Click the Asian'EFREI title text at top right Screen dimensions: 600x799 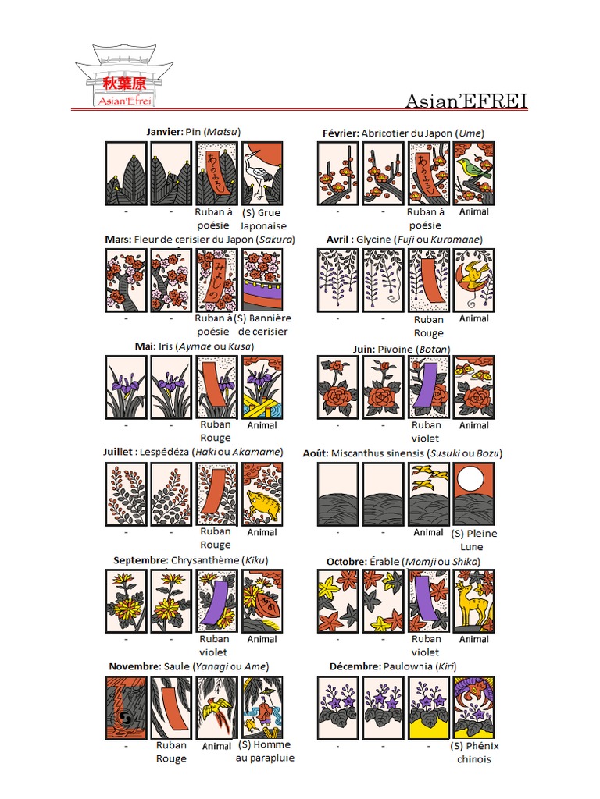pos(466,101)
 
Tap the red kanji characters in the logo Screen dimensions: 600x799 pos(124,83)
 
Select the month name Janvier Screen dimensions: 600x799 pos(164,131)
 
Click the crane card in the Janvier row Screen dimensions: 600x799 pos(262,174)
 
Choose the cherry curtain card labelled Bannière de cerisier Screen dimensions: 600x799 pos(262,280)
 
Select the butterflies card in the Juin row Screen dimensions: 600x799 pos(474,387)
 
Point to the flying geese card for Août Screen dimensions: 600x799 pos(429,494)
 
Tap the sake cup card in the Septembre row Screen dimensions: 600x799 pos(262,602)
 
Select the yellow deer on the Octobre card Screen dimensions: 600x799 pos(472,605)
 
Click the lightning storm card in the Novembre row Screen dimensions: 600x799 pos(126,708)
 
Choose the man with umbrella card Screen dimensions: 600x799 pos(262,708)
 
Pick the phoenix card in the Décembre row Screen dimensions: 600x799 pos(474,708)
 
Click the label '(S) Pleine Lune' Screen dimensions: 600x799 pos(473,540)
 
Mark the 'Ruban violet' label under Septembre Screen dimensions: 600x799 pos(214,645)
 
